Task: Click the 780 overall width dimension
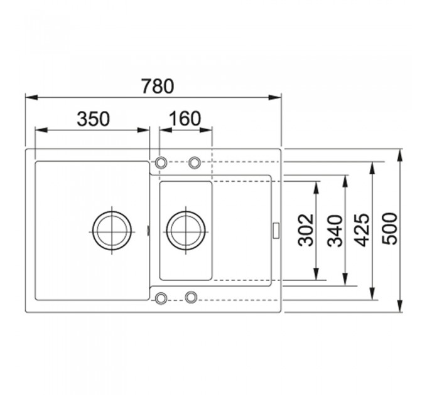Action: click(157, 86)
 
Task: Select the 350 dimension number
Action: click(93, 118)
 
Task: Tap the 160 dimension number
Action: click(185, 118)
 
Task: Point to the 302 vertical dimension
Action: click(306, 230)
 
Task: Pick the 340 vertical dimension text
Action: click(335, 231)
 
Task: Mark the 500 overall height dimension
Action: click(390, 229)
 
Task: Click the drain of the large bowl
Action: click(112, 231)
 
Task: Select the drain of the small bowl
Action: click(186, 231)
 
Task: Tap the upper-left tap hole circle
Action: click(161, 162)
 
